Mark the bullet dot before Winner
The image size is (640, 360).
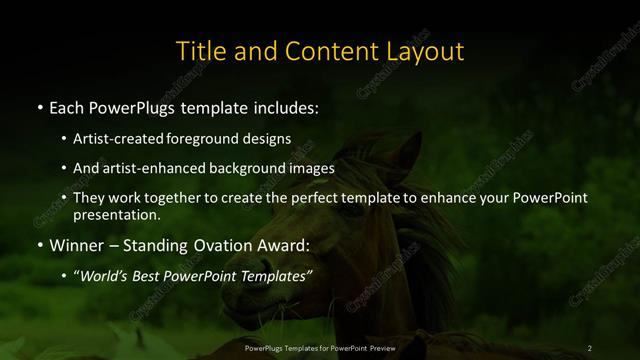[39, 243]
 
